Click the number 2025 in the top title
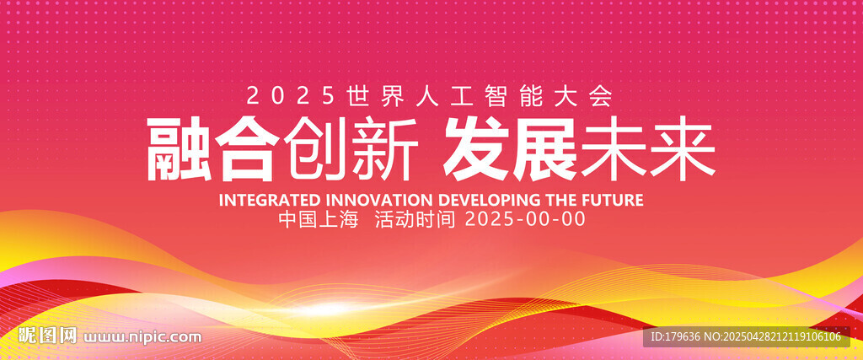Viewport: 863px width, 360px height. (x=290, y=97)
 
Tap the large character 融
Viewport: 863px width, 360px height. (x=179, y=148)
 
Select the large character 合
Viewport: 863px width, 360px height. (x=248, y=148)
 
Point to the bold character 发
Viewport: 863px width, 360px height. (x=477, y=148)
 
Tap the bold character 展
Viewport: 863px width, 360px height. (x=545, y=148)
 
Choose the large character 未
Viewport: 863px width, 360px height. (x=614, y=148)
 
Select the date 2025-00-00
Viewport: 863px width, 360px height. (x=525, y=220)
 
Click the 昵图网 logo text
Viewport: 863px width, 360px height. (x=48, y=336)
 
